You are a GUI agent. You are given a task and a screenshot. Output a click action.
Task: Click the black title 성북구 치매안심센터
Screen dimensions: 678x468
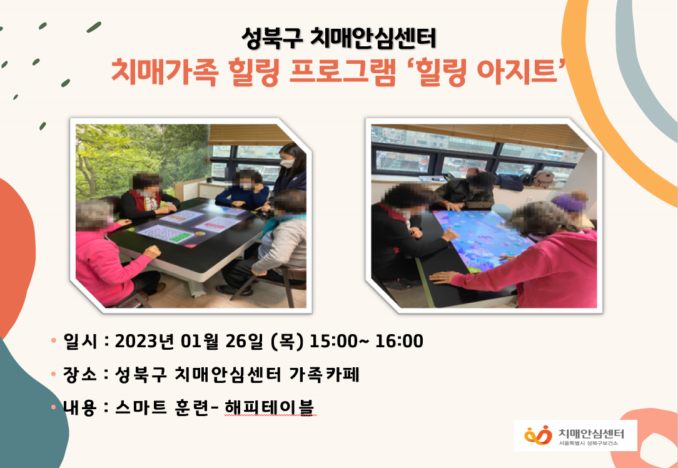click(x=338, y=38)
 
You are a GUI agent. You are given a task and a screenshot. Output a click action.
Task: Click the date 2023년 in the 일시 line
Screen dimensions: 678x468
click(x=144, y=341)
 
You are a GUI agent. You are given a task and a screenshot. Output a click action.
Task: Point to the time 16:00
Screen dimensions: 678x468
click(x=399, y=341)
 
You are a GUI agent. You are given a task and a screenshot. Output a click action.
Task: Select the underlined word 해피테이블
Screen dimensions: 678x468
click(x=270, y=407)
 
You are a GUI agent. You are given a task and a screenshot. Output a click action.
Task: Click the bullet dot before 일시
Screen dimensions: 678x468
click(x=54, y=340)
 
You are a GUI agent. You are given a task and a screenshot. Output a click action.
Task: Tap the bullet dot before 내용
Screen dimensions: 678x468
click(x=54, y=407)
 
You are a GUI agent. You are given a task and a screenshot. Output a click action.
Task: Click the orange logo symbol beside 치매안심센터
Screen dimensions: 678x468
click(x=538, y=435)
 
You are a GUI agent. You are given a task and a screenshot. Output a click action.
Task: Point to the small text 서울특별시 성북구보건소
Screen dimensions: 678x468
click(x=588, y=444)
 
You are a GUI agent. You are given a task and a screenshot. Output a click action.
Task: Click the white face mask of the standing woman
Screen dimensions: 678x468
click(x=287, y=163)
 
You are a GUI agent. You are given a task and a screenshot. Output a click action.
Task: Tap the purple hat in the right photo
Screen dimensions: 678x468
click(x=569, y=203)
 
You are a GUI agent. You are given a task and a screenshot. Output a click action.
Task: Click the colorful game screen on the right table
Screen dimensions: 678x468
click(x=482, y=238)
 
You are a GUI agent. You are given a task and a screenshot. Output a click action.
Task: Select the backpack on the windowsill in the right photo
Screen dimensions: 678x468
click(x=542, y=179)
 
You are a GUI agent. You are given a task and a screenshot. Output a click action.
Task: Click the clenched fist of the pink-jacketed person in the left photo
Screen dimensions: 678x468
click(x=152, y=252)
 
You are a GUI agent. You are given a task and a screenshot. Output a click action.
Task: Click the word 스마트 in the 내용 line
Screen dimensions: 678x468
click(x=141, y=407)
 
